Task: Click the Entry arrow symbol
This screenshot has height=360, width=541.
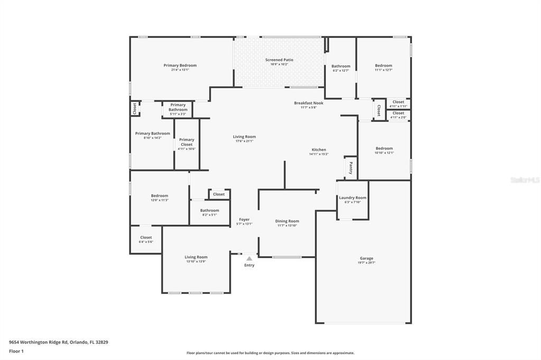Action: click(249, 258)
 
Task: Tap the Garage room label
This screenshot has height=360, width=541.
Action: click(367, 258)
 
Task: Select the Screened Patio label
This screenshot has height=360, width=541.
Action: click(279, 60)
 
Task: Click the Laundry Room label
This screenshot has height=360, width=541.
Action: click(352, 197)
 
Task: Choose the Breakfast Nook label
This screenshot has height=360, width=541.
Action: click(309, 103)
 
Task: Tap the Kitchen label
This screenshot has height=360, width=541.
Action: click(319, 149)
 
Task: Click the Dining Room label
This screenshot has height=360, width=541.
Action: click(287, 221)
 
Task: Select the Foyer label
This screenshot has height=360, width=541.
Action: click(244, 219)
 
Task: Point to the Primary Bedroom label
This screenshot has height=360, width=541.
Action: click(180, 65)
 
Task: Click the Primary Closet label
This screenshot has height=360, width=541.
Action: click(186, 142)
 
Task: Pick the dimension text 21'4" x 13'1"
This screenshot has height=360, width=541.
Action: click(180, 70)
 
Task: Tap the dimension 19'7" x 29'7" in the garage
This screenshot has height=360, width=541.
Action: click(367, 263)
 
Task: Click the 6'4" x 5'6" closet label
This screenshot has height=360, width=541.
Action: click(146, 242)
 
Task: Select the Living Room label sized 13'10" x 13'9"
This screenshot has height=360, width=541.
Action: click(195, 257)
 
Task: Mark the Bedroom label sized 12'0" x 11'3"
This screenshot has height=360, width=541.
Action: click(159, 195)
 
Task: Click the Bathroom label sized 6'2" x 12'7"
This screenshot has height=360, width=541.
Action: click(341, 66)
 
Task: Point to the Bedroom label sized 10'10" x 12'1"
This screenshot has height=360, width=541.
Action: click(384, 148)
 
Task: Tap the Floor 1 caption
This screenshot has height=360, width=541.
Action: click(16, 351)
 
